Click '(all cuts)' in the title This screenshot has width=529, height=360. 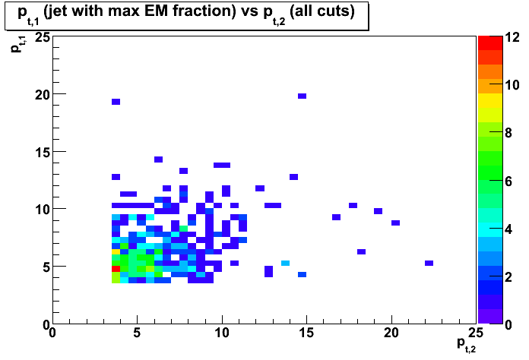[322, 12]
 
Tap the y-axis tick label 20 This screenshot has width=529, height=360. [43, 95]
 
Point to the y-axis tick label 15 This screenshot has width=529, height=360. [43, 153]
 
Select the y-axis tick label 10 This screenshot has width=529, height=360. [43, 210]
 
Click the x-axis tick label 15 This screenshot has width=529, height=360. [306, 333]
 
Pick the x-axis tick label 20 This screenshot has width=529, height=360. [391, 333]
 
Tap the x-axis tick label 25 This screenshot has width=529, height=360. [476, 333]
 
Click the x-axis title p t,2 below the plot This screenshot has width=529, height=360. [466, 345]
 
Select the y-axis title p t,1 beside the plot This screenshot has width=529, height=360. [17, 44]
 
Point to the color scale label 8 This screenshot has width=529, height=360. [508, 133]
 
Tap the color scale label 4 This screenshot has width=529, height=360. [508, 229]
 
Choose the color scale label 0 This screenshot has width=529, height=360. [508, 325]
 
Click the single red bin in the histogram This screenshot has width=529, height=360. [116, 269]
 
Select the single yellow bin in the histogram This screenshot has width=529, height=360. [116, 251]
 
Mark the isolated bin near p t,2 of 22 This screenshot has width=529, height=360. [429, 263]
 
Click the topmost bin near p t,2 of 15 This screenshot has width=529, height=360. [303, 96]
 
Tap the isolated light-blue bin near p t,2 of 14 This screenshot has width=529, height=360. [286, 263]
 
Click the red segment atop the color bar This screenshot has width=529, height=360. [490, 43]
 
